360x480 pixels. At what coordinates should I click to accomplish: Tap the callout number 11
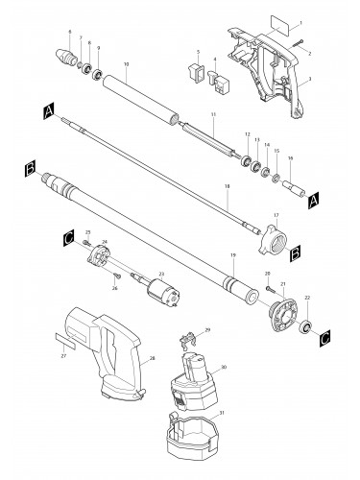pyautogui.click(x=213, y=114)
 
